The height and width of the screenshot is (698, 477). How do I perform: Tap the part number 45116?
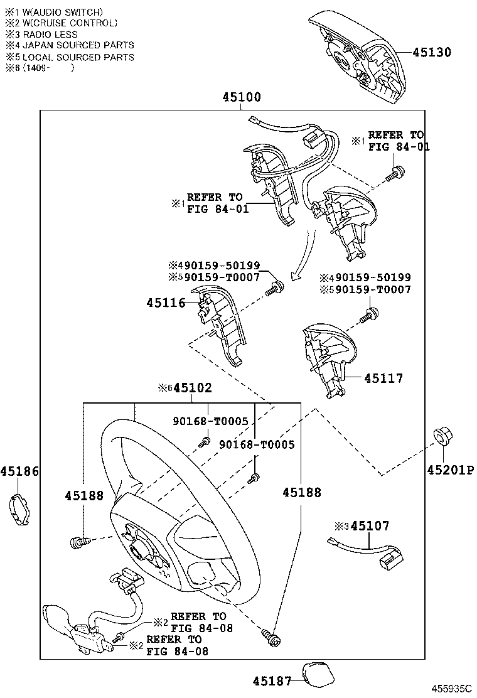[166, 303]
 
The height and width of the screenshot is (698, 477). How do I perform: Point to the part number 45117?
[383, 379]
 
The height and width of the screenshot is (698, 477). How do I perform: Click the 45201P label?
[451, 470]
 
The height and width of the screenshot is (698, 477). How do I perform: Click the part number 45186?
[19, 471]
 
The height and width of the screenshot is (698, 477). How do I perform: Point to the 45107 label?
[370, 526]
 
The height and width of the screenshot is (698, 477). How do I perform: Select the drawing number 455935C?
[450, 689]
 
